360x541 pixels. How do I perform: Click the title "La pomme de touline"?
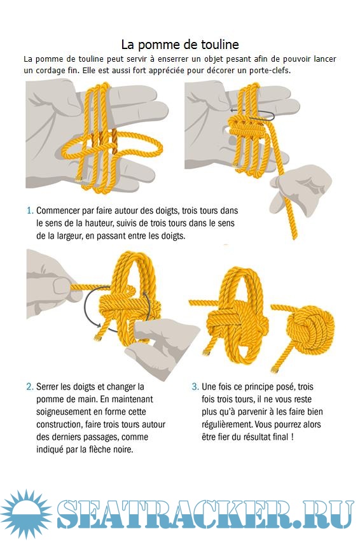click(x=180, y=45)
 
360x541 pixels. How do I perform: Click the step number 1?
click(x=30, y=211)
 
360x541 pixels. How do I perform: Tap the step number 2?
click(x=30, y=386)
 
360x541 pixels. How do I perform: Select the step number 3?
click(x=195, y=386)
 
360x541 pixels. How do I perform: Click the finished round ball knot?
click(x=310, y=330)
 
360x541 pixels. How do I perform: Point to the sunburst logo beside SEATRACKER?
click(x=26, y=514)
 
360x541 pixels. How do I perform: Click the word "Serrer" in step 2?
click(x=47, y=386)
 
